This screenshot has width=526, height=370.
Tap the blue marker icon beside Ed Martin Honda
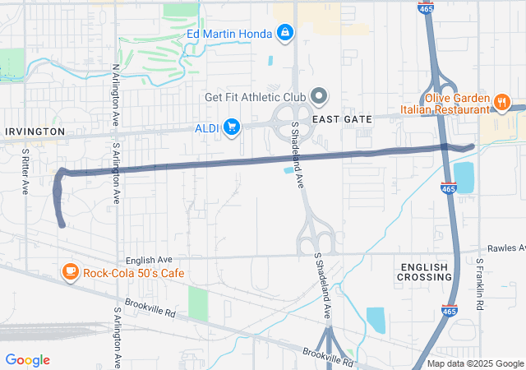(284, 32)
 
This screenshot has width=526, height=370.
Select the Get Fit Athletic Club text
(255, 97)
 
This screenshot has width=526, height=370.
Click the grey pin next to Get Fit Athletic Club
(318, 97)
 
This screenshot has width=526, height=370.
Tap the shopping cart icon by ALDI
(232, 127)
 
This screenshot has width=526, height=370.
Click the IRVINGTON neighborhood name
(35, 132)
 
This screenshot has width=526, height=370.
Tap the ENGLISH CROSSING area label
(425, 272)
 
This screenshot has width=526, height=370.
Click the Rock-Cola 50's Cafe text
(134, 272)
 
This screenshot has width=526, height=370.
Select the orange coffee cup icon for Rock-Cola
(71, 272)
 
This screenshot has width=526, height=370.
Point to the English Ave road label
(149, 259)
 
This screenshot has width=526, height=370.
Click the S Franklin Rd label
(480, 284)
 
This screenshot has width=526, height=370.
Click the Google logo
(27, 359)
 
